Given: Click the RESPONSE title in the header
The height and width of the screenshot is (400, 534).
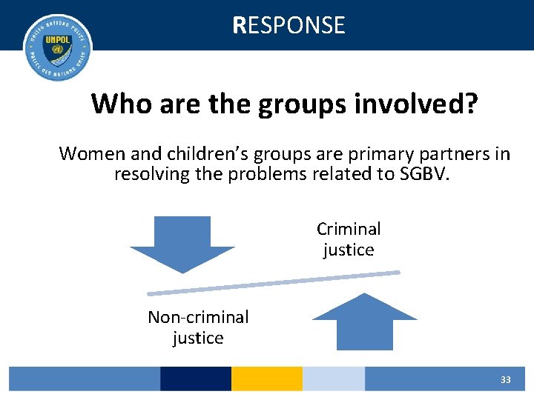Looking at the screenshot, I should click(289, 25).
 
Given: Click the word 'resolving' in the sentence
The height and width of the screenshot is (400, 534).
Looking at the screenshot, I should click(151, 175).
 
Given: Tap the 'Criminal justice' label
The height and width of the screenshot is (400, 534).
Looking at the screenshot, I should click(349, 239).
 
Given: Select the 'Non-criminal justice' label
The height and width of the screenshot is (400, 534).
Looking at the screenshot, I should click(198, 327).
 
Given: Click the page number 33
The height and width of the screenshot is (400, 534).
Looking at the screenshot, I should click(505, 380).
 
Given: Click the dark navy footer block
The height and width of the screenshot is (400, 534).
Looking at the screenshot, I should click(196, 379).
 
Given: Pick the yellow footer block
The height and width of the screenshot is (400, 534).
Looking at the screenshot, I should click(267, 379).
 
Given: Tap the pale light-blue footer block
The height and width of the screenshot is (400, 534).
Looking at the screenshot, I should click(334, 379).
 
